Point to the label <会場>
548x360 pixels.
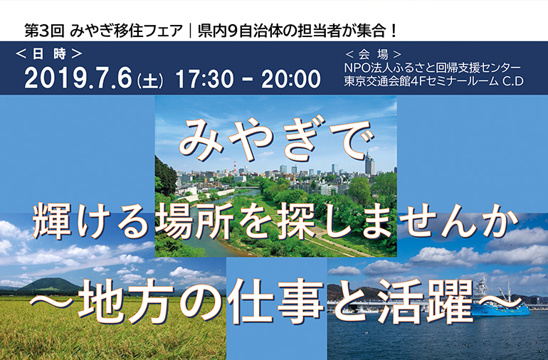pyautogui.click(x=373, y=54)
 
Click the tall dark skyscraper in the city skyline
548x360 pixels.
pyautogui.click(x=369, y=166)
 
